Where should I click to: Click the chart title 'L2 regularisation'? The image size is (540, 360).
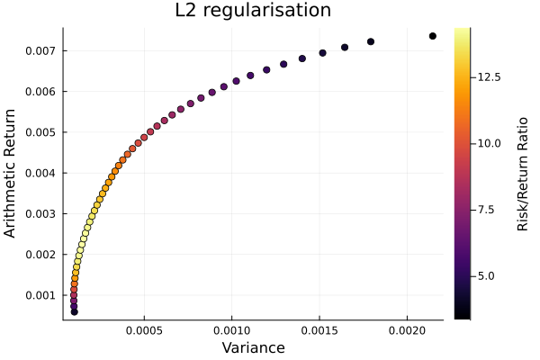tap(253, 11)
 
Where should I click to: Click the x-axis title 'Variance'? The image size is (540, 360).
tap(253, 347)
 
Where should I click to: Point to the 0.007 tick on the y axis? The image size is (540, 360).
tap(40, 50)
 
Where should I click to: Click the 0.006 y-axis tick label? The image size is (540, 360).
tap(40, 92)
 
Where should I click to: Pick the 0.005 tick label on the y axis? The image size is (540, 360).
tap(40, 132)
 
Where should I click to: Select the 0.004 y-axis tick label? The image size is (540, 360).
tap(40, 173)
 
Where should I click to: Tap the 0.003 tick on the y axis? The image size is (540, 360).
tap(40, 214)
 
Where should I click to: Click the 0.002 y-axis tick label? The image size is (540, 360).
tap(40, 255)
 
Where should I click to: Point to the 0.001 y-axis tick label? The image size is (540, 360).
tap(40, 295)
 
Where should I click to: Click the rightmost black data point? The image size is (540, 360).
tap(433, 36)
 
